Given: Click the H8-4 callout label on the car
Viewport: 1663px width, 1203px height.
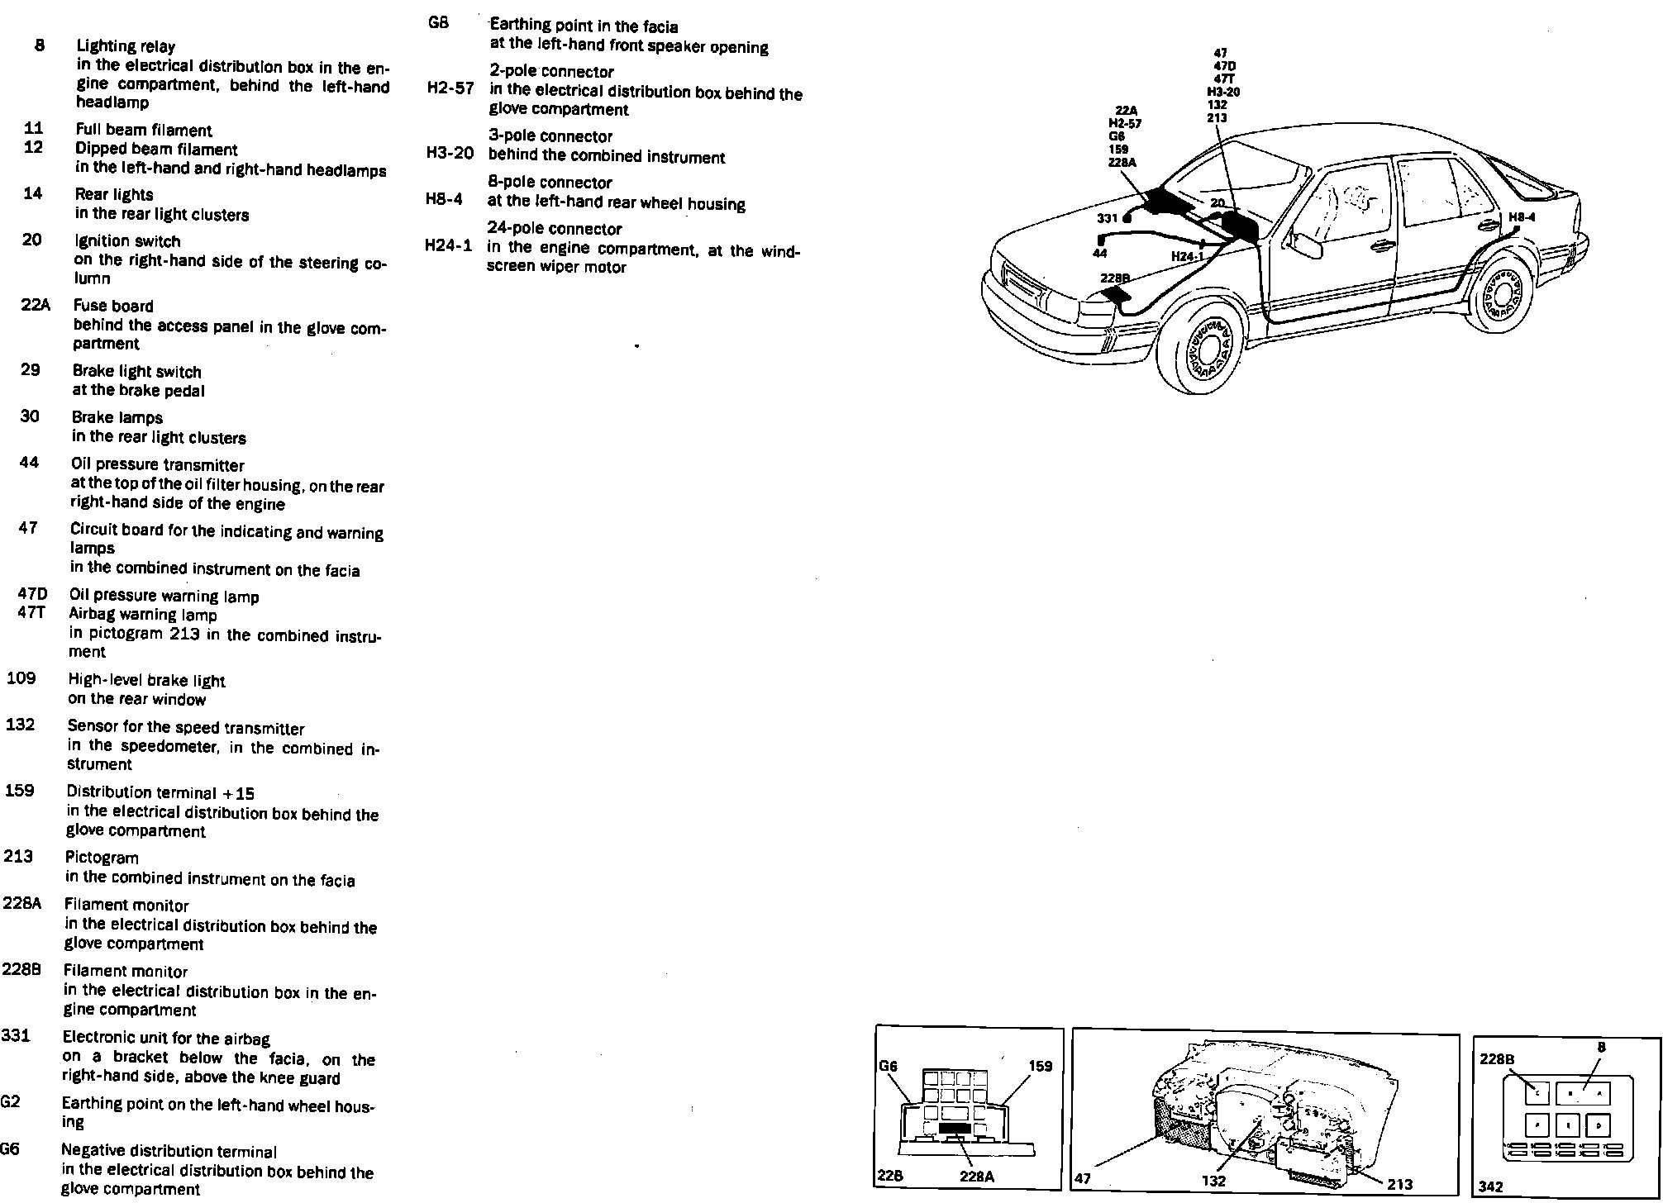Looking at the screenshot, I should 1522,217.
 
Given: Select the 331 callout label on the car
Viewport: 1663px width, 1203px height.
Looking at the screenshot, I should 1107,218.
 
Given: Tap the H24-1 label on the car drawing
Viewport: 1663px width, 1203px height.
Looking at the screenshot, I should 1186,256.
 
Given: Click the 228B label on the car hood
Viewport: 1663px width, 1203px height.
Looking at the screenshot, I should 1114,278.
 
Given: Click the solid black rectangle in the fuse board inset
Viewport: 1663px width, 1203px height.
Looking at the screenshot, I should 955,1127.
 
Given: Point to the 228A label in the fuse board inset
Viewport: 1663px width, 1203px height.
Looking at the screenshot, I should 977,1177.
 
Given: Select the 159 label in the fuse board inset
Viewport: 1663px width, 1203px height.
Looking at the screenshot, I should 1041,1067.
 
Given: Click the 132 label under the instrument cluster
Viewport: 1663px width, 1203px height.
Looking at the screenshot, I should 1213,1181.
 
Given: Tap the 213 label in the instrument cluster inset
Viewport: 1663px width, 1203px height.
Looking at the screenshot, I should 1399,1184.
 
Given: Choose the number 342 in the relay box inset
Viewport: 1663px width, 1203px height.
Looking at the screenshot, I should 1491,1186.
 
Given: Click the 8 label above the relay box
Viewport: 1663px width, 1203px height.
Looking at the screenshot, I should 1601,1048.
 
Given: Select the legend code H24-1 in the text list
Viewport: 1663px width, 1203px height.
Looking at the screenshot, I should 448,245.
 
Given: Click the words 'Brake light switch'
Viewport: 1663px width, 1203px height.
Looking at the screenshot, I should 136,372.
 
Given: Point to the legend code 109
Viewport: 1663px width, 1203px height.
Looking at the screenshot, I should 21,678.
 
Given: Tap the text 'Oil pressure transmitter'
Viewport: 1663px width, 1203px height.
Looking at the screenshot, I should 157,465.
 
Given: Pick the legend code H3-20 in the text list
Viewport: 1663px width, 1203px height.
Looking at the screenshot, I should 450,154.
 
